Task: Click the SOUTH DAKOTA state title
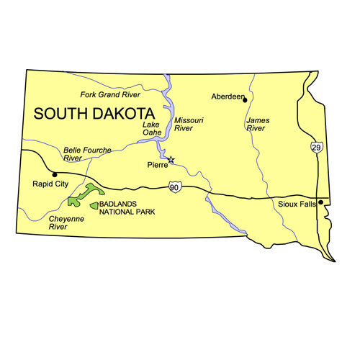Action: point(94,114)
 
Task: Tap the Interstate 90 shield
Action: point(175,186)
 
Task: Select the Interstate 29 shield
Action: point(317,147)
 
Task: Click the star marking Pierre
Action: point(171,159)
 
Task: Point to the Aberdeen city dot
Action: point(245,97)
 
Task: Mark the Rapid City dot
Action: point(55,174)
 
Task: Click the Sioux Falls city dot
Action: point(320,202)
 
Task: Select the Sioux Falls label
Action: point(297,204)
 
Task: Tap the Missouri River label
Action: point(184,124)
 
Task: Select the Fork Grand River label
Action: point(111,94)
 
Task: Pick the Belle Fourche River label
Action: point(87,153)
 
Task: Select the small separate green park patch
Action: point(94,206)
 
